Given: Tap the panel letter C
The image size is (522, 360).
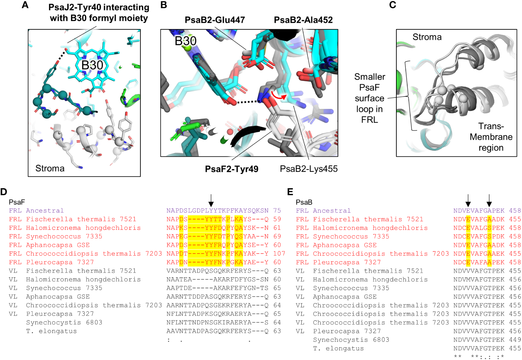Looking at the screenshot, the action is tap(393, 5).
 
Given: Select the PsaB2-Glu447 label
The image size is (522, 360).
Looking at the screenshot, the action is tap(215, 20).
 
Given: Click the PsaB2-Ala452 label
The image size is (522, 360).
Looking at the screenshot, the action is tap(303, 20).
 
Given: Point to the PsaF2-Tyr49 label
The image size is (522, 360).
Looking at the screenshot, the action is tap(232, 169).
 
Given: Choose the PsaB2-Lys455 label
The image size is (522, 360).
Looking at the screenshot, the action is tap(309, 169).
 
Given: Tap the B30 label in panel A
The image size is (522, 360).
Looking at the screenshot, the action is tap(92, 65).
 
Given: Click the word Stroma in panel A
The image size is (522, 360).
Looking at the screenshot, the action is tap(50, 168).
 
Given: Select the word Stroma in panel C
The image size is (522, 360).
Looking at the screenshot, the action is tap(427, 37).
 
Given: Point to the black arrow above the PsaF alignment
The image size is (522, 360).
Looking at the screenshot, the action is tap(211, 200).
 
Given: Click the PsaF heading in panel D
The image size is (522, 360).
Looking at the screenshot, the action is tap(17, 202).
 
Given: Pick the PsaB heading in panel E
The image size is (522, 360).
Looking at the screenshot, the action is tap(304, 202).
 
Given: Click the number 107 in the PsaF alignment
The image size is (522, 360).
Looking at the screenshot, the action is tap(279, 254).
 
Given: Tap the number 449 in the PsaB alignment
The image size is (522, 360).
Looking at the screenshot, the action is tap(515, 340).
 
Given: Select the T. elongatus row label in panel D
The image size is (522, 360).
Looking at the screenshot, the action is tap(52, 331).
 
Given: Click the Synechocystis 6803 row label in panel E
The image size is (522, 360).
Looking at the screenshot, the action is tap(351, 340).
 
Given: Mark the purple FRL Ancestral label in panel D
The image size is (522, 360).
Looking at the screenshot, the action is tap(36, 211).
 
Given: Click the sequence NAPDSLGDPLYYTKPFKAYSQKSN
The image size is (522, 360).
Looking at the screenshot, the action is tap(217, 211).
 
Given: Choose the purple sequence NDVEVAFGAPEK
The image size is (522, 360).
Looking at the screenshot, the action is tap(479, 211).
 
